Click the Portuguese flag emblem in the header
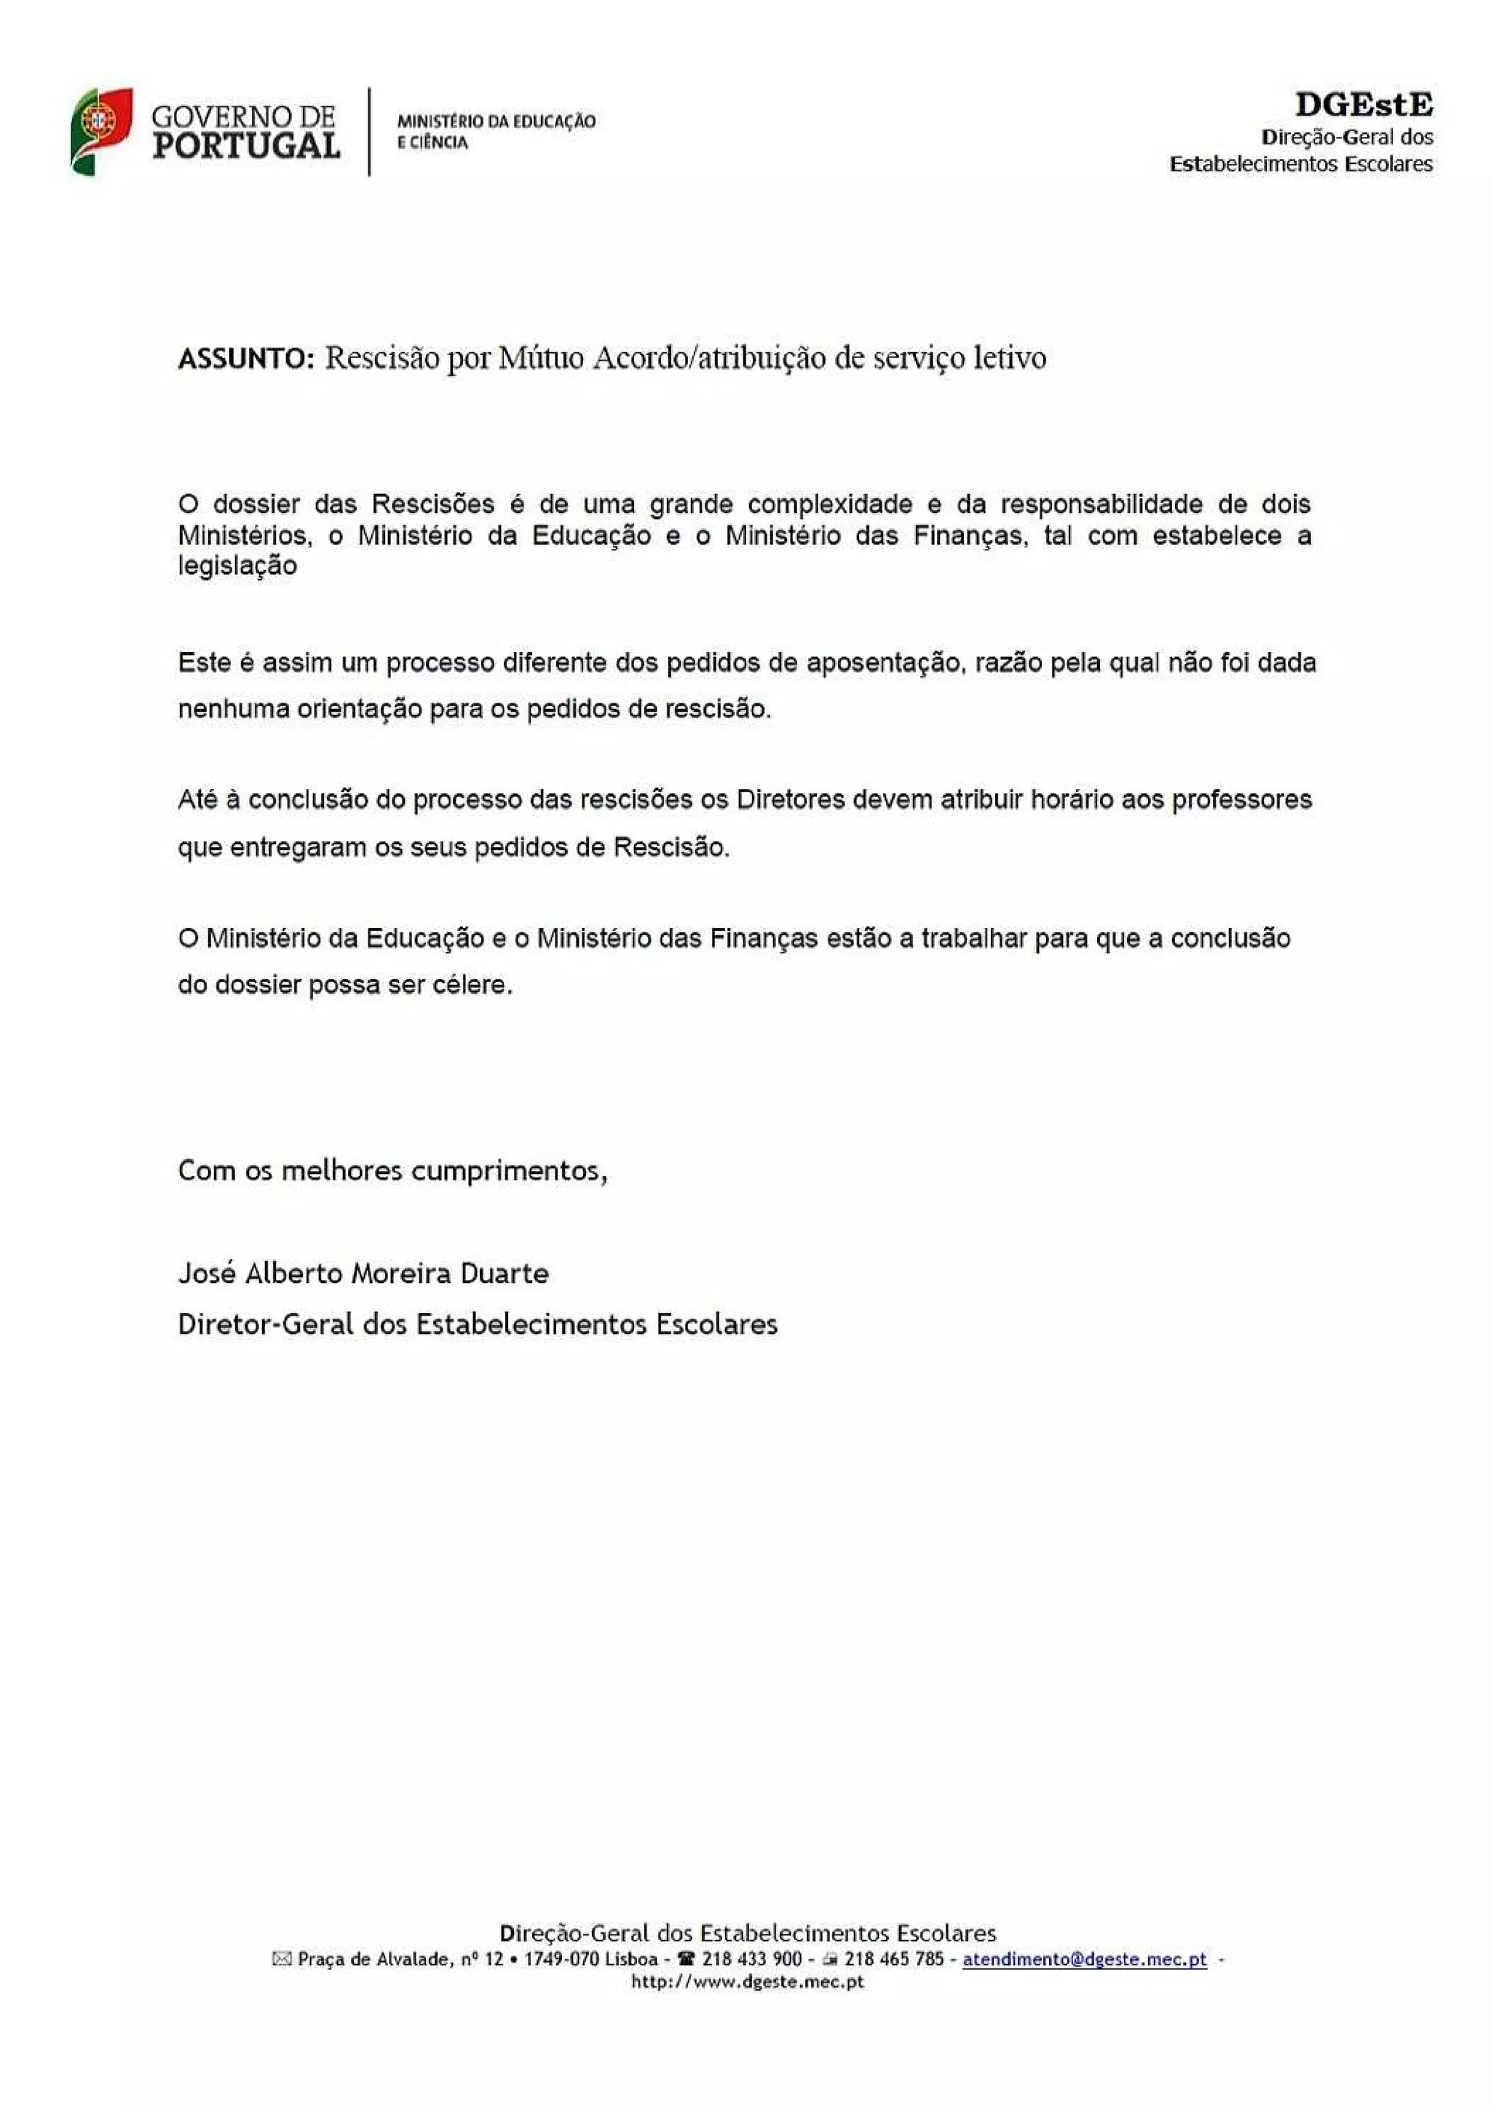click(x=100, y=131)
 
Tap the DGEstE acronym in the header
click(x=1364, y=105)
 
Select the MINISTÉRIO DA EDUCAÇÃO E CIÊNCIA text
click(x=496, y=131)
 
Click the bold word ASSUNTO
click(x=246, y=358)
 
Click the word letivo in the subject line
click(x=1010, y=357)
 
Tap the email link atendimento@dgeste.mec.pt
click(x=1084, y=1958)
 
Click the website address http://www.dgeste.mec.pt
click(x=747, y=1982)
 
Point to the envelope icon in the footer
click(x=282, y=1959)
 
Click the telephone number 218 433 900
click(x=751, y=1958)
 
